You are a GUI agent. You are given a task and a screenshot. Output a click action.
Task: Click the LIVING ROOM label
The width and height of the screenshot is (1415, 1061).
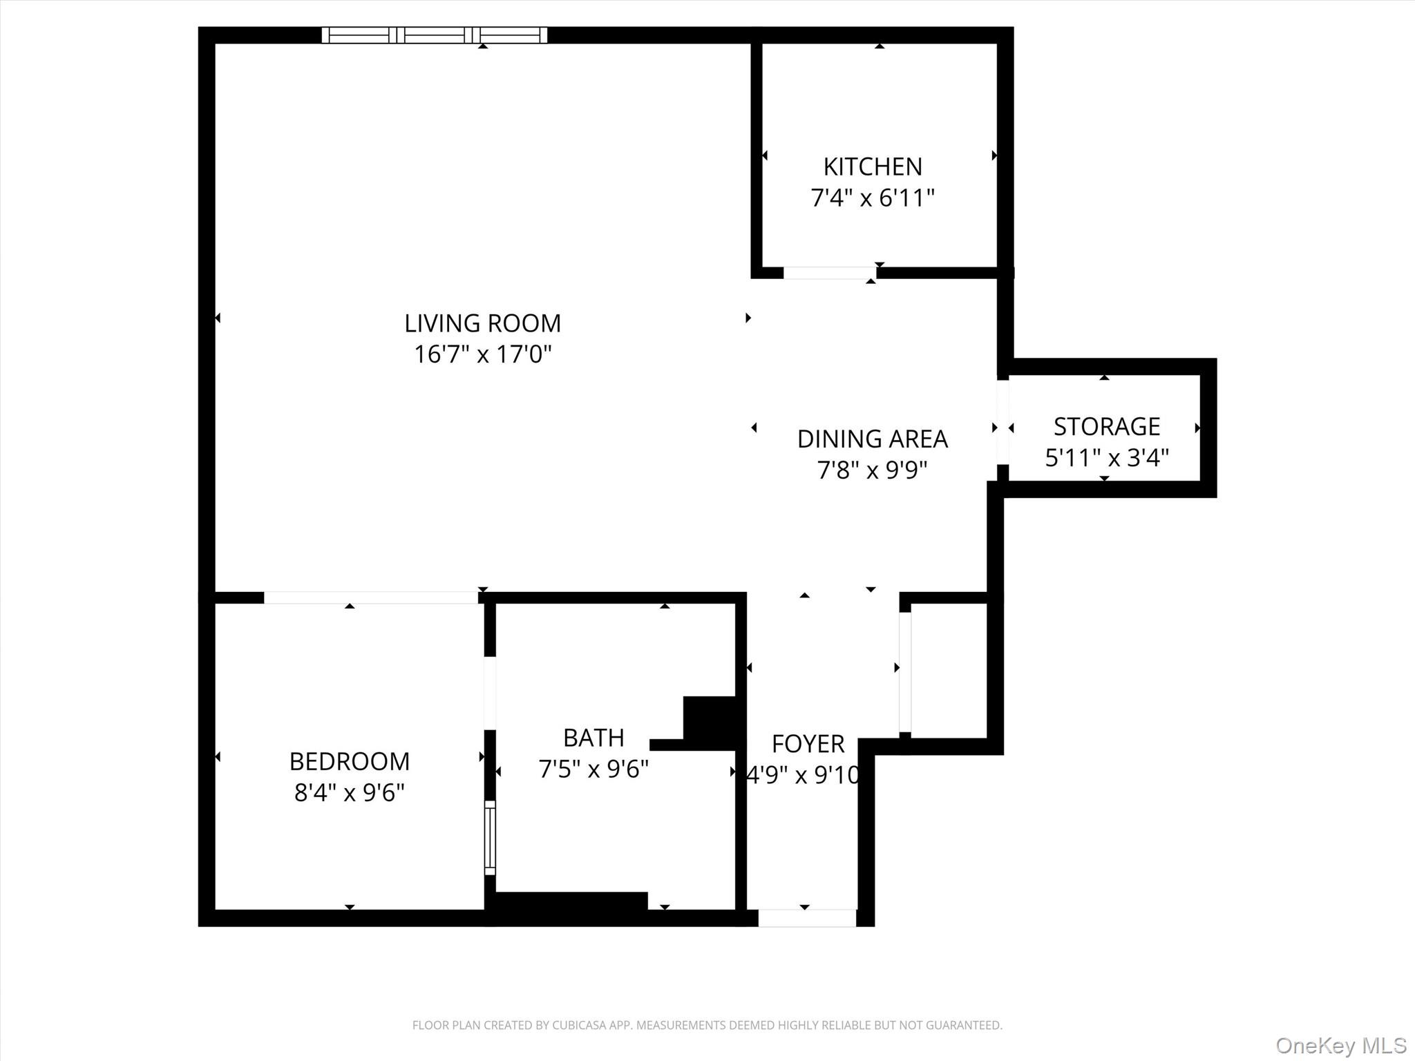tap(482, 323)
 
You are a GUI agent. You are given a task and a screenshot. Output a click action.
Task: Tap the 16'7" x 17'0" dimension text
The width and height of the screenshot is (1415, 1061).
tap(482, 354)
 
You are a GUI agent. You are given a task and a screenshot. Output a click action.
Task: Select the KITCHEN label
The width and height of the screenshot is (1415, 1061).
tap(873, 166)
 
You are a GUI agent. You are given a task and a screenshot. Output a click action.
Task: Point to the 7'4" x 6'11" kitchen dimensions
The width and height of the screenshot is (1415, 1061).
tap(873, 198)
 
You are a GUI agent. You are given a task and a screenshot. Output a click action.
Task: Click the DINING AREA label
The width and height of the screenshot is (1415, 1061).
tap(872, 439)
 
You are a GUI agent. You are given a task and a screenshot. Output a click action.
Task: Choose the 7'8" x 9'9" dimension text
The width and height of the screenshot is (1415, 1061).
tap(872, 470)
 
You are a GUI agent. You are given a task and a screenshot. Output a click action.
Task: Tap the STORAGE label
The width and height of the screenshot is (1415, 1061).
tap(1106, 426)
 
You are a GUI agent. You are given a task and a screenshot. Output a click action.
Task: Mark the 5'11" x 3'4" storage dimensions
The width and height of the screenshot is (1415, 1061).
tap(1106, 457)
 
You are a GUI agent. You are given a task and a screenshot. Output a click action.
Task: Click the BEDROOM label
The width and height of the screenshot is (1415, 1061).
tap(349, 761)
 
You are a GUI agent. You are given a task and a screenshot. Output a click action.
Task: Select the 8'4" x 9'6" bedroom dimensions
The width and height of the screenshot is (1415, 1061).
tap(349, 792)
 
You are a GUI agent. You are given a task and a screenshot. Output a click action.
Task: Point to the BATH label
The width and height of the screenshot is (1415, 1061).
tap(593, 738)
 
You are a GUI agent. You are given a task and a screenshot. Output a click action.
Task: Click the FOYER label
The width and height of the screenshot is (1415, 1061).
tap(808, 744)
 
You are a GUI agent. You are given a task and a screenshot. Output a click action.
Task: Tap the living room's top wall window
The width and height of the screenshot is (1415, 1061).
tap(434, 35)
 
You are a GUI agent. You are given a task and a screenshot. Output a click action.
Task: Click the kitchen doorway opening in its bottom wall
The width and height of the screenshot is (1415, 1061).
tap(829, 274)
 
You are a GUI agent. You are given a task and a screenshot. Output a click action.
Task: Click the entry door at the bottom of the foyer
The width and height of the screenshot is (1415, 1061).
tap(807, 918)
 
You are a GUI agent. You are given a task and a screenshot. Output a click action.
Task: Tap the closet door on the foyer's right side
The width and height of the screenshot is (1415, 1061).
tap(904, 672)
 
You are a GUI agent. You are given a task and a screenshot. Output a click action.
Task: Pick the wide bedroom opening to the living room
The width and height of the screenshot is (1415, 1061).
tap(370, 598)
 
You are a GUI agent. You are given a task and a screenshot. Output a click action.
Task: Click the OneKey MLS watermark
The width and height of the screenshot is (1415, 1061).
tap(1340, 1045)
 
